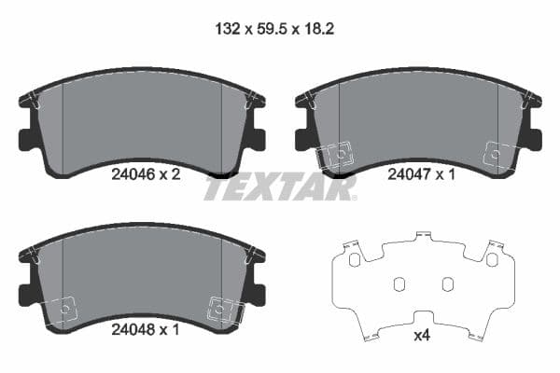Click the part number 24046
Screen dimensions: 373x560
pyautogui.click(x=132, y=173)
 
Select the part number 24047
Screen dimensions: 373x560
pyautogui.click(x=408, y=173)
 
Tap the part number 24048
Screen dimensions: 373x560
pyautogui.click(x=132, y=328)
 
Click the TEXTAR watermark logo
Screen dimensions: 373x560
pyautogui.click(x=280, y=188)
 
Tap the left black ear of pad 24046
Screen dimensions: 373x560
pyautogui.click(x=26, y=140)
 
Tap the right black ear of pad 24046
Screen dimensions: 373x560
pyautogui.click(x=258, y=140)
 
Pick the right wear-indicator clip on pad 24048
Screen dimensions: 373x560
pyautogui.click(x=222, y=307)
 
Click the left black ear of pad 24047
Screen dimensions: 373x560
pyautogui.click(x=302, y=140)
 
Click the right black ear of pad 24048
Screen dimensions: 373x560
pyautogui.click(x=258, y=294)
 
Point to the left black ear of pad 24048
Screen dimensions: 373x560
pyautogui.click(x=26, y=294)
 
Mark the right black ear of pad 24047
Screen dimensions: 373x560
pyautogui.click(x=534, y=140)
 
